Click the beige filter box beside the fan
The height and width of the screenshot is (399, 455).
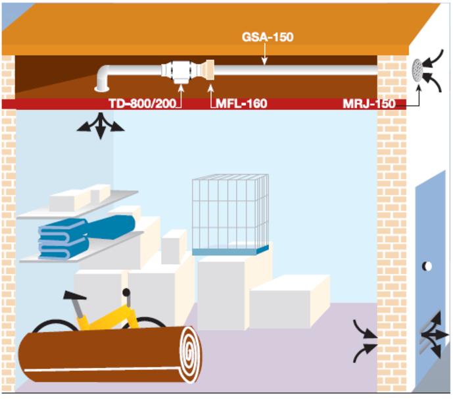coord(206,69)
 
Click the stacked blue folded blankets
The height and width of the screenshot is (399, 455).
coord(63,238)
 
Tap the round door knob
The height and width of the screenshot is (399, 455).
coord(427,267)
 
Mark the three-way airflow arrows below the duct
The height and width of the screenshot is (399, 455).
coord(100,125)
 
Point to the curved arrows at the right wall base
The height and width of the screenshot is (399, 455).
coord(364,341)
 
